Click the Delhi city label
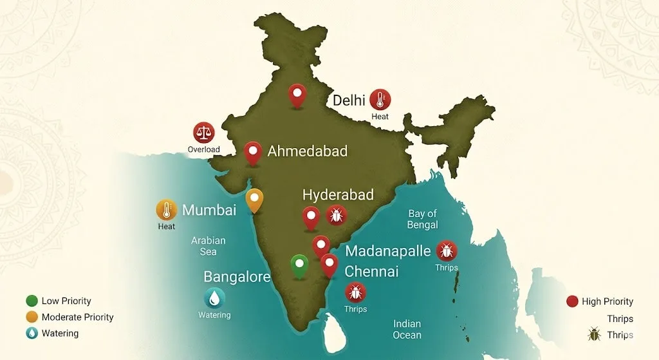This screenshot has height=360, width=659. pyautogui.click(x=349, y=100)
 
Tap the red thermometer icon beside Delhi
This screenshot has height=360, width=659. pyautogui.click(x=380, y=100)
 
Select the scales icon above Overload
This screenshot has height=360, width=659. pyautogui.click(x=204, y=133)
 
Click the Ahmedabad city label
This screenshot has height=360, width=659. pyautogui.click(x=307, y=151)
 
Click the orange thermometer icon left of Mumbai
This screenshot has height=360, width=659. pyautogui.click(x=167, y=210)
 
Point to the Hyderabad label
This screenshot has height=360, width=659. pyautogui.click(x=338, y=195)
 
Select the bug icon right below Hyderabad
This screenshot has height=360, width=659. pyautogui.click(x=336, y=215)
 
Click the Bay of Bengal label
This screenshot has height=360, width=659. pyautogui.click(x=423, y=219)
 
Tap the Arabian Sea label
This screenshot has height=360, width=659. pyautogui.click(x=209, y=246)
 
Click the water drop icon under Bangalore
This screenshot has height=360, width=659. pyautogui.click(x=214, y=298)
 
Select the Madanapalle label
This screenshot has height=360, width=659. pyautogui.click(x=387, y=251)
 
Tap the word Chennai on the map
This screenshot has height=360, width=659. pyautogui.click(x=371, y=272)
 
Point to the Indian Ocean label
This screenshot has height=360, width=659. pyautogui.click(x=407, y=329)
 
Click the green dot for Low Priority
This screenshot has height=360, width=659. pyautogui.click(x=32, y=301)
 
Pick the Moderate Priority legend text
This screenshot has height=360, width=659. pyautogui.click(x=77, y=317)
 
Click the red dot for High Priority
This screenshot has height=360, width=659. pyautogui.click(x=571, y=301)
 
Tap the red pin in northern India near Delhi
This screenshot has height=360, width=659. pyautogui.click(x=297, y=95)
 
